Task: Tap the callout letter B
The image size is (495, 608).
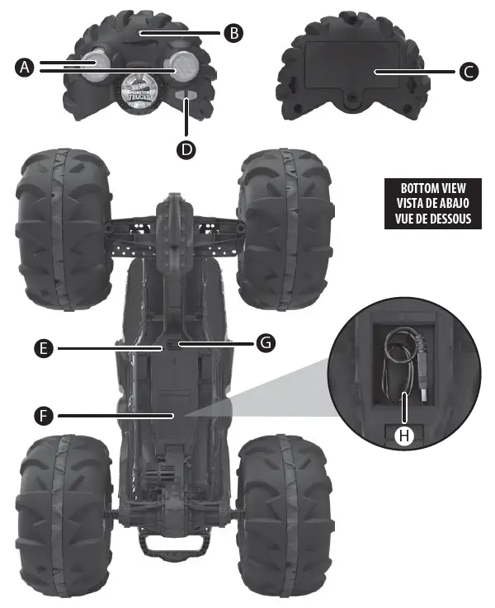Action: coord(233,32)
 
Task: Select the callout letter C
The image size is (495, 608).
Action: coord(467,72)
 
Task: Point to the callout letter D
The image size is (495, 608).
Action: coord(188,148)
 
